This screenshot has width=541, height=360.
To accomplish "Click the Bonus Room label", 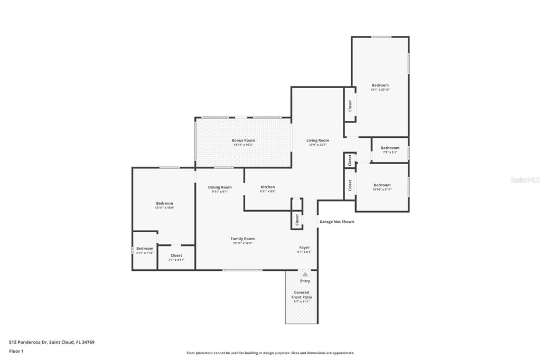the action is [x=243, y=140].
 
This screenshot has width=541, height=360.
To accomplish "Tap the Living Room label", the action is [x=318, y=140].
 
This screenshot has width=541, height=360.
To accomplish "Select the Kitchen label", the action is [x=268, y=187].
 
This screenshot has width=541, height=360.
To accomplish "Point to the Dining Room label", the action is [x=220, y=187].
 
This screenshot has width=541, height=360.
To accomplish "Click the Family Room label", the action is [x=242, y=239].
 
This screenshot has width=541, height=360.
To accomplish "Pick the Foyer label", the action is [x=304, y=248].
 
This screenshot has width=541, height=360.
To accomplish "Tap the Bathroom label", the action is [x=390, y=148].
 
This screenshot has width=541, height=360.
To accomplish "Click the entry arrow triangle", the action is [x=305, y=274].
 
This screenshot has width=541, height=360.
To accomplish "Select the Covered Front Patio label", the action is [x=302, y=295].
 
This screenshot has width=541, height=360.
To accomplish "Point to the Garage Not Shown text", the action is [x=337, y=222].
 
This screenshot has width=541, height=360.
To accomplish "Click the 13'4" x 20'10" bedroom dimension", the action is [x=380, y=90].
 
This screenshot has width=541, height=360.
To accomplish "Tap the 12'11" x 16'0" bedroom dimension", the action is [x=165, y=208].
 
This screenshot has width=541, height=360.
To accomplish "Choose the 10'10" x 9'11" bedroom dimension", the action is [x=382, y=190].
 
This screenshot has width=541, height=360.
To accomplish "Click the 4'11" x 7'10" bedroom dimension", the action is [x=145, y=253].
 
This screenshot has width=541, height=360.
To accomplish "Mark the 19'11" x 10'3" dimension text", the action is [x=243, y=145].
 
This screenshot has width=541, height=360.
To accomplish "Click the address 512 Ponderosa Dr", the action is [x=27, y=343].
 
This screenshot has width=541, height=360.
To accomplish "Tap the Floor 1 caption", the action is [x=16, y=352].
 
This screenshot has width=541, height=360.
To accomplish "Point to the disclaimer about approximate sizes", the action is [x=270, y=353].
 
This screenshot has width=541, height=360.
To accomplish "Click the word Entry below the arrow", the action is [x=305, y=281].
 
